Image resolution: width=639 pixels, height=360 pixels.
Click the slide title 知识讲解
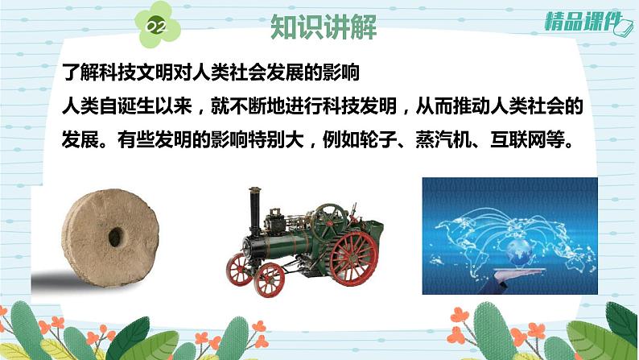[324, 27]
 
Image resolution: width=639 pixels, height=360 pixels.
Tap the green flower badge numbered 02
[156, 25]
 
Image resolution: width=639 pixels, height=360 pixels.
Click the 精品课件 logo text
[582, 22]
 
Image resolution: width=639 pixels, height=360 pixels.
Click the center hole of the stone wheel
[115, 237]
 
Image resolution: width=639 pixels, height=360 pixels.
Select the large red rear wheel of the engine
[354, 258]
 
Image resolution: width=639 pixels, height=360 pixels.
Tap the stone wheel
[110, 238]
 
